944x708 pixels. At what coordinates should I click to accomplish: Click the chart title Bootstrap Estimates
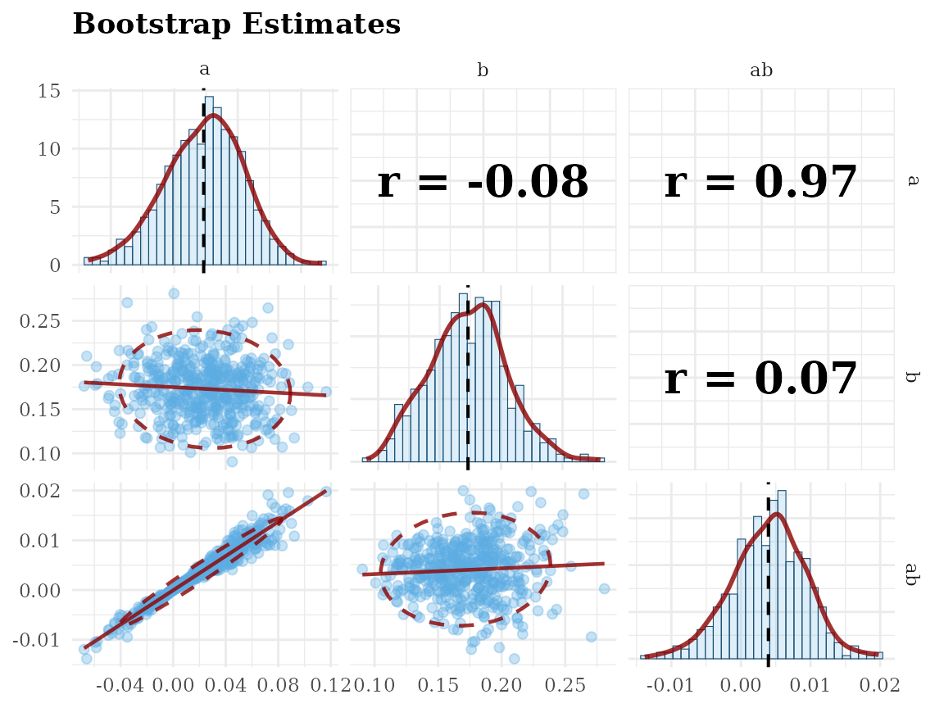[x=236, y=24]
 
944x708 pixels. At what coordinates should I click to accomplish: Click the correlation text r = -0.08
[x=483, y=182]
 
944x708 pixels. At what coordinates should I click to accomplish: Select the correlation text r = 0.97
[x=760, y=182]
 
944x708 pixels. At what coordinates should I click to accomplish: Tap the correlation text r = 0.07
[x=760, y=379]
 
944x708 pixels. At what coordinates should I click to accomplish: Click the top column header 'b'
[x=483, y=71]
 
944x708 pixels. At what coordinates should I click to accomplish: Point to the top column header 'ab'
[x=761, y=71]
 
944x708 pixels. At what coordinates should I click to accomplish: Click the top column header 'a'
[x=204, y=71]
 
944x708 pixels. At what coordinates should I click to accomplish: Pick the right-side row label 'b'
[x=911, y=378]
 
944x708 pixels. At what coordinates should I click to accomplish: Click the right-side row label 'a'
[x=911, y=180]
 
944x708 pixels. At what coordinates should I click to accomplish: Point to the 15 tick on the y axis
[x=49, y=90]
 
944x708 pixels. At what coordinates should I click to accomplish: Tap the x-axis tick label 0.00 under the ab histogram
[x=742, y=683]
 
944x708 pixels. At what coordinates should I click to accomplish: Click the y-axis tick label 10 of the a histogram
[x=49, y=149]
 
